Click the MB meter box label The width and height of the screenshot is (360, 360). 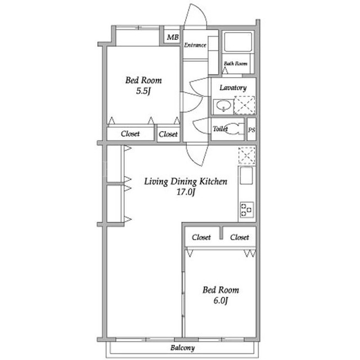(173, 37)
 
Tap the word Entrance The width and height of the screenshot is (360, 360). (195, 45)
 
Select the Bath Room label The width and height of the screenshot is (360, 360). (236, 64)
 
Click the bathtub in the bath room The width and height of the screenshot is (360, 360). (238, 42)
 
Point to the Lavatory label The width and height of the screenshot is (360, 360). (233, 88)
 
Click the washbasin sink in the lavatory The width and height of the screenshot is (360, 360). (223, 106)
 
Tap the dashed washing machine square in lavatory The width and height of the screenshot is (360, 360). (244, 105)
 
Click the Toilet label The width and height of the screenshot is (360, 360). (220, 129)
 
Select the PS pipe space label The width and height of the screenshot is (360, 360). (251, 130)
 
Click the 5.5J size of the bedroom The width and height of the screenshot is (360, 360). (143, 91)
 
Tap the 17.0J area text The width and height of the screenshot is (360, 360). (186, 192)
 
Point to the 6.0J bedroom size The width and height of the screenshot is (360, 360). (220, 300)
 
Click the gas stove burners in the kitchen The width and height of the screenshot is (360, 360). (247, 209)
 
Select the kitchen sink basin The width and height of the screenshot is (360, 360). (246, 175)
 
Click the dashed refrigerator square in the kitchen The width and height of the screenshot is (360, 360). (247, 155)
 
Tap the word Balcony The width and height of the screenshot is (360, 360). (182, 348)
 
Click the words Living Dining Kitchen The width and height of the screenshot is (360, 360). (186, 182)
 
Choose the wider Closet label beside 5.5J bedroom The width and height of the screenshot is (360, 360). (130, 133)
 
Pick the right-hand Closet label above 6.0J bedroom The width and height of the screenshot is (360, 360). (240, 237)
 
